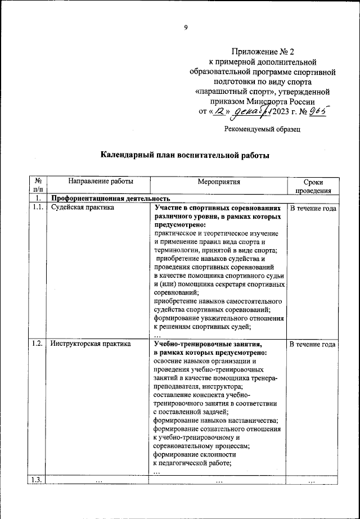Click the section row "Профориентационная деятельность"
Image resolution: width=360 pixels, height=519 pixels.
click(x=110, y=198)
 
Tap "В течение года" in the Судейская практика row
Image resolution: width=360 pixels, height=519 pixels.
click(x=313, y=208)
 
